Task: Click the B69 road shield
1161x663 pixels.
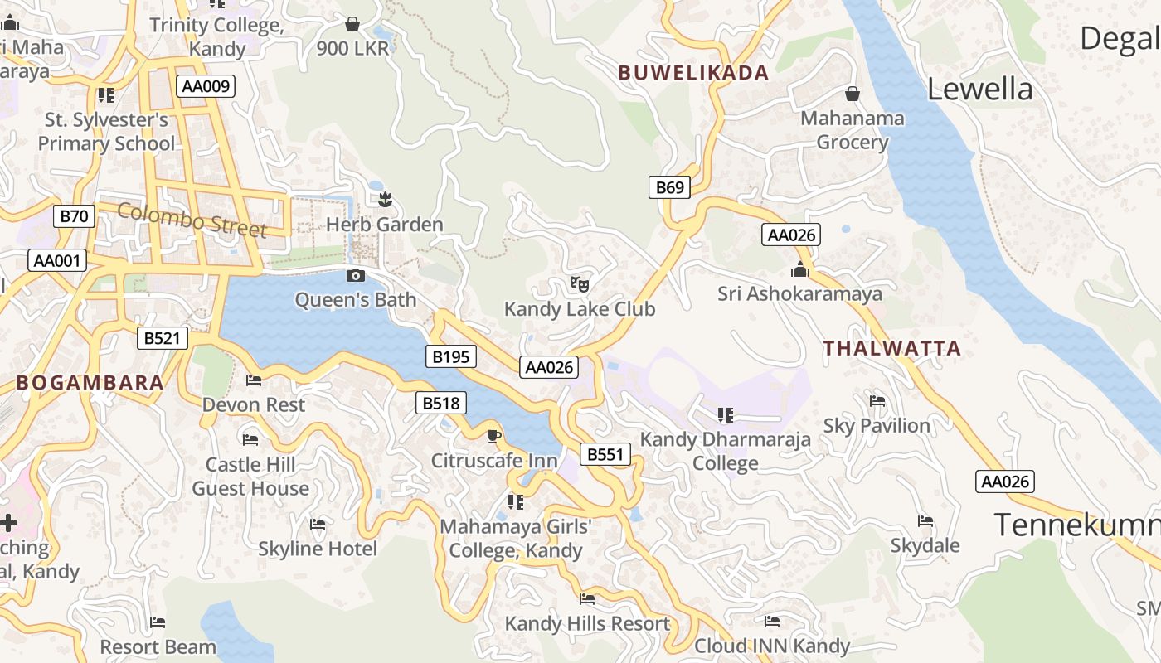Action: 670,187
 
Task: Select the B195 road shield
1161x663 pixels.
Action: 451,357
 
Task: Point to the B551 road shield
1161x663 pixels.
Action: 605,454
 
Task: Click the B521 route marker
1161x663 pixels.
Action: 163,338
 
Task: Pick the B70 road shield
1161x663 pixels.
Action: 75,217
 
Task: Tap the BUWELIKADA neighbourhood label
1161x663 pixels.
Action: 694,73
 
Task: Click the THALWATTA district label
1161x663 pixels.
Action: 892,349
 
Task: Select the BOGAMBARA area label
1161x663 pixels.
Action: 90,383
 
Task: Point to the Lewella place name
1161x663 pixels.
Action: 979,90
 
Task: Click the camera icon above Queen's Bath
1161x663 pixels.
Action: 355,276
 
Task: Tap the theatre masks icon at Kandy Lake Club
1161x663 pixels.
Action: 580,284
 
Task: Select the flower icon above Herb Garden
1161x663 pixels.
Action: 384,199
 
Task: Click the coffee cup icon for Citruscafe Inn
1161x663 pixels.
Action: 494,436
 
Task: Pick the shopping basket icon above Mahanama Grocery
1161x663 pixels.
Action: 852,93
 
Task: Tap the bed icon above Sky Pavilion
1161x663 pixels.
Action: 877,402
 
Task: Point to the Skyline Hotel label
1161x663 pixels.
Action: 318,549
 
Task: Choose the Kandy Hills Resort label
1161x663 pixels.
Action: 587,624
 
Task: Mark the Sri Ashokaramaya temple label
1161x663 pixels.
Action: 799,294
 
